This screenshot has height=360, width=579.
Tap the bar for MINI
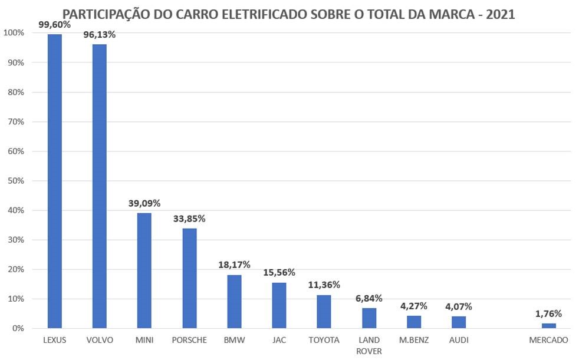144,270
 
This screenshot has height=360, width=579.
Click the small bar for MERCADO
548,326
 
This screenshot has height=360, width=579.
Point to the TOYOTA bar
324,312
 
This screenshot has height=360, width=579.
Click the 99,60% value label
54,24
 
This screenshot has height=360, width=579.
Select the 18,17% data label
234,265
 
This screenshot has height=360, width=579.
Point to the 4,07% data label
459,306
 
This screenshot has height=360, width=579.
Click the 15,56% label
279,272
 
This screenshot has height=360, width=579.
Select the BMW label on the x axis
234,340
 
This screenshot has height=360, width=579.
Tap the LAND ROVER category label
369,345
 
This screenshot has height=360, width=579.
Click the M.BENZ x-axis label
414,340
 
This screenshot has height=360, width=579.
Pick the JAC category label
279,340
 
